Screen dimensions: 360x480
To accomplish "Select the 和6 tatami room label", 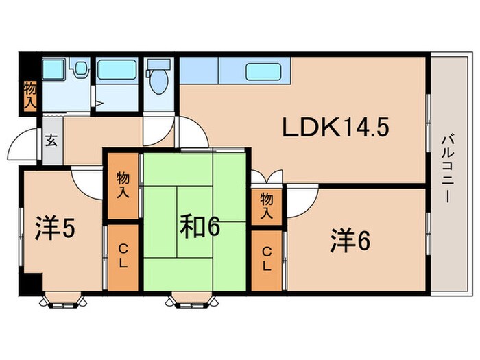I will [x=200, y=226].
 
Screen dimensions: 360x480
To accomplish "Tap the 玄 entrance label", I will [x=51, y=142].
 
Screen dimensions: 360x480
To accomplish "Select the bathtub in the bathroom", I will [x=117, y=70].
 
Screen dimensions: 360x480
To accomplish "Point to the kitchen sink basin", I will [x=265, y=70].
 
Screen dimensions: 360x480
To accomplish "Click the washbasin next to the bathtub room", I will [x=80, y=69].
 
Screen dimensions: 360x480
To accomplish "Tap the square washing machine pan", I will [x=53, y=70].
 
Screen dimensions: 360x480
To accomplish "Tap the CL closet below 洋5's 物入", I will [x=123, y=256].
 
